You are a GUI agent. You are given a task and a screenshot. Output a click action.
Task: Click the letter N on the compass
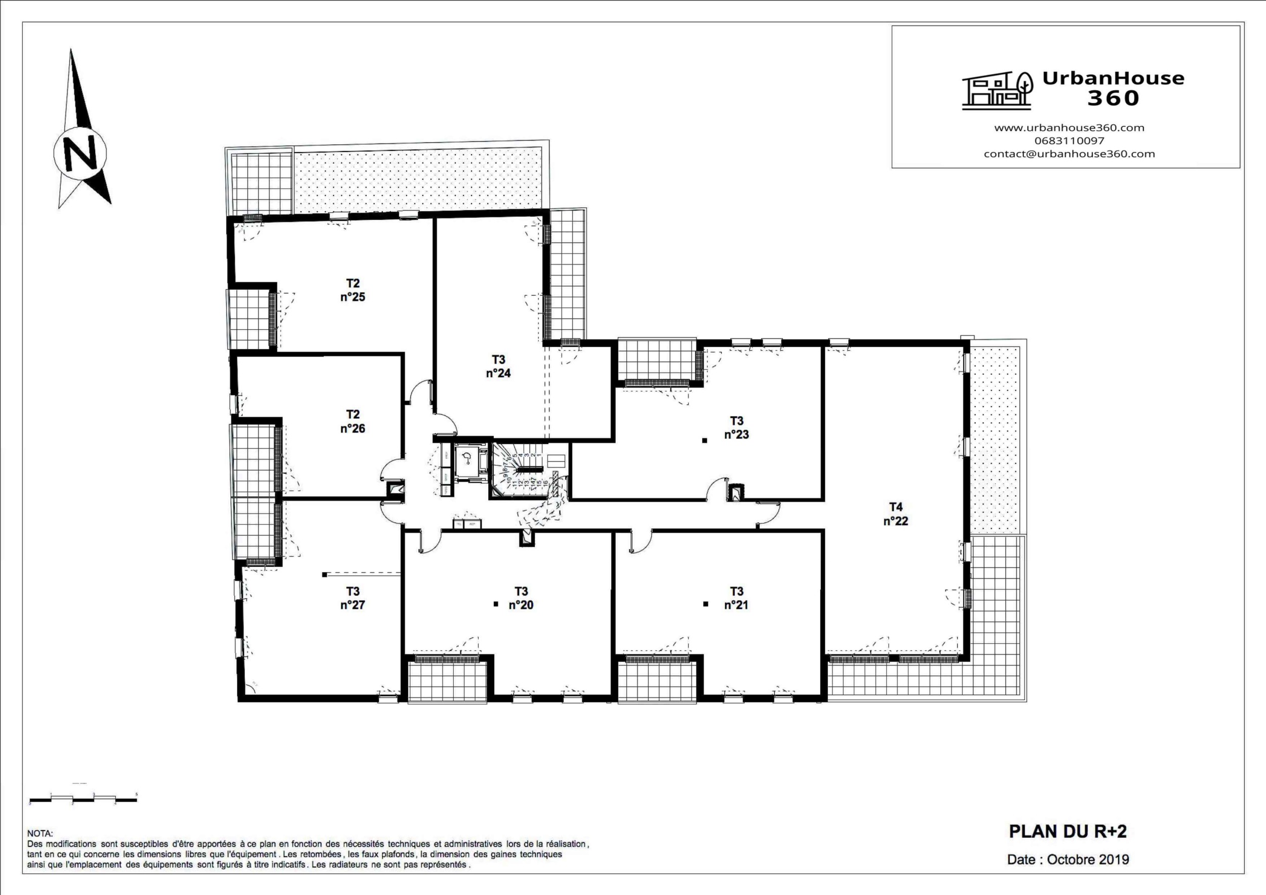[x=80, y=153]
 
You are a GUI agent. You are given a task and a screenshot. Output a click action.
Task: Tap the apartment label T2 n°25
[x=352, y=290]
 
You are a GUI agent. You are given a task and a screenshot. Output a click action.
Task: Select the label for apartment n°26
[x=352, y=421]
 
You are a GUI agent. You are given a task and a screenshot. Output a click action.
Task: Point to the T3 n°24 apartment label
[x=498, y=366]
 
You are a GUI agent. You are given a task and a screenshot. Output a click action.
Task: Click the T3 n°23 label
[x=736, y=427]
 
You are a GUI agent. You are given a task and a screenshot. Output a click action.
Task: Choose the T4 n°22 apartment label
[x=895, y=514]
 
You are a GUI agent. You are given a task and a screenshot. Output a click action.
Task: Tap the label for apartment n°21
[x=736, y=598]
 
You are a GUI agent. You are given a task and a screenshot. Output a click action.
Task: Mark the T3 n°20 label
[x=521, y=598]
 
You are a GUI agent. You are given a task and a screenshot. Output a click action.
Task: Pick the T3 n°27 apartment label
[x=352, y=598]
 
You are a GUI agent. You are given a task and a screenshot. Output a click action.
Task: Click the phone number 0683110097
[x=1069, y=141]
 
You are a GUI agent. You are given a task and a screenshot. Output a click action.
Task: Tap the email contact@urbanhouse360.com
[x=1069, y=154]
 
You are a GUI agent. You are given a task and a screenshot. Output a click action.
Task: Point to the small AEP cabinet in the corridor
[x=472, y=524]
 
